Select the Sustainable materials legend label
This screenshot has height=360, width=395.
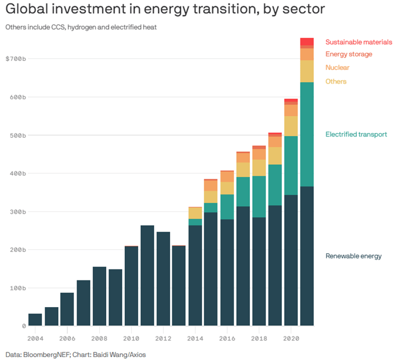[358, 42]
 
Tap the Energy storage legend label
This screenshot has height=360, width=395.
[349, 55]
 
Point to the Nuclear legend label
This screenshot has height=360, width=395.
[337, 68]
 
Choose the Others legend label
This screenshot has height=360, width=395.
[336, 81]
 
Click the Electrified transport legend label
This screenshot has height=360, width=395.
[356, 135]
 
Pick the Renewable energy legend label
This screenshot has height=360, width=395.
[353, 256]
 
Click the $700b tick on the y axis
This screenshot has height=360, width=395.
[16, 59]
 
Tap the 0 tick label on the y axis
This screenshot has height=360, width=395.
[24, 326]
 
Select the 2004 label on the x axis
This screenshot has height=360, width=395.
[35, 337]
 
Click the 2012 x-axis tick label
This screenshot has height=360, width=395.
[163, 337]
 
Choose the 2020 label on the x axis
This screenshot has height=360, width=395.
[291, 337]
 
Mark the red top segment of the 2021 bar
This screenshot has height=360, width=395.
[307, 41]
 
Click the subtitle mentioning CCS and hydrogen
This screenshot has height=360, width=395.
[81, 27]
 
